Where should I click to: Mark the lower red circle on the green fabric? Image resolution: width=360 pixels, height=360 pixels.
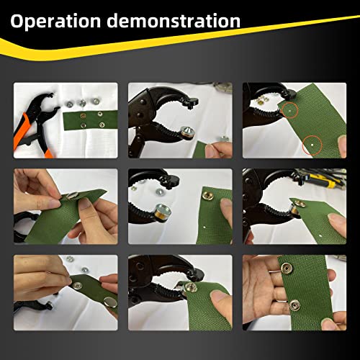[311, 145]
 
